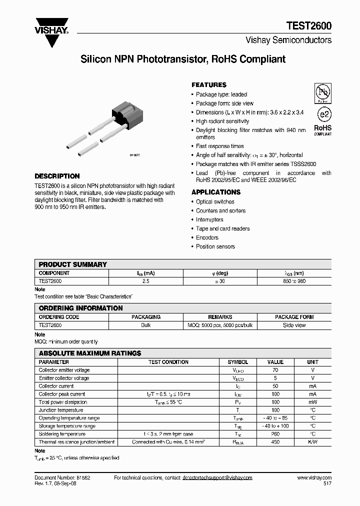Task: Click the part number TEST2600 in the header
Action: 308,26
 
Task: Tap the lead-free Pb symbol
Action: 322,93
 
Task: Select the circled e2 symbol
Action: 323,114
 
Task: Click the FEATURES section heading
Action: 209,85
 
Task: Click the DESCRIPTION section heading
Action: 57,176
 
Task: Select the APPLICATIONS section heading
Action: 216,192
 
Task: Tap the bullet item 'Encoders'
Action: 207,237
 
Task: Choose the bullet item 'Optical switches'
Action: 215,201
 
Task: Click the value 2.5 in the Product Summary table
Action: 146,282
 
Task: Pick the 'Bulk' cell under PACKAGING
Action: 146,325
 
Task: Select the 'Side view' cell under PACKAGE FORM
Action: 294,325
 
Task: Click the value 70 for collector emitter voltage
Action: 275,370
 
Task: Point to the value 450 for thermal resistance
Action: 275,442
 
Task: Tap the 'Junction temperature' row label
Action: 61,410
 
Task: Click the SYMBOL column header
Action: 238,362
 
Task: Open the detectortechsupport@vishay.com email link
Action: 218,478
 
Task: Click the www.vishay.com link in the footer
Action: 314,478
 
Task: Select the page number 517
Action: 326,484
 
